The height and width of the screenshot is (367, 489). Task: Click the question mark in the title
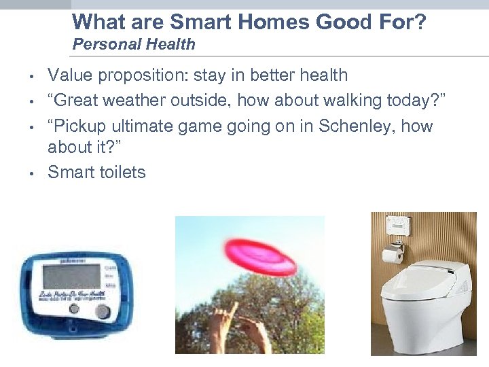tap(419, 22)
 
